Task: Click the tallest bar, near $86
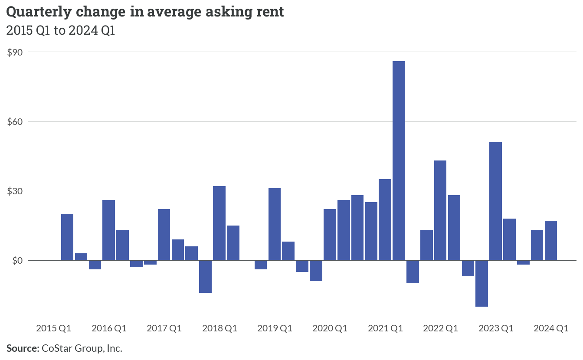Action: pyautogui.click(x=399, y=160)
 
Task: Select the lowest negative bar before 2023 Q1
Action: pyautogui.click(x=481, y=283)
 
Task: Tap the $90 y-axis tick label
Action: pyautogui.click(x=15, y=52)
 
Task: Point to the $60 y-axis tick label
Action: pyautogui.click(x=15, y=121)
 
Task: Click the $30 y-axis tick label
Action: pyautogui.click(x=15, y=191)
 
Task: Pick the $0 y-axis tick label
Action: pyautogui.click(x=17, y=260)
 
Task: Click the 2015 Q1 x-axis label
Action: pyautogui.click(x=54, y=328)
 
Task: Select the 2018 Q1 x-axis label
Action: pyautogui.click(x=219, y=328)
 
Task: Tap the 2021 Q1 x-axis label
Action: pyautogui.click(x=386, y=328)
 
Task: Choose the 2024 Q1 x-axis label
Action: pyautogui.click(x=551, y=328)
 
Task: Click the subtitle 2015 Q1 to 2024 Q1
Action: pyautogui.click(x=61, y=30)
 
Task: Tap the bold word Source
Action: pyautogui.click(x=23, y=348)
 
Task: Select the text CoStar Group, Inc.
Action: pyautogui.click(x=82, y=348)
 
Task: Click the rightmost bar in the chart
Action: pyautogui.click(x=551, y=241)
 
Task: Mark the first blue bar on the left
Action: pyautogui.click(x=67, y=237)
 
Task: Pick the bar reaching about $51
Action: pyautogui.click(x=495, y=201)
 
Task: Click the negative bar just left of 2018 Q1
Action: pyautogui.click(x=205, y=276)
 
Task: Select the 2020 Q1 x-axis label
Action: pyautogui.click(x=330, y=328)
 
